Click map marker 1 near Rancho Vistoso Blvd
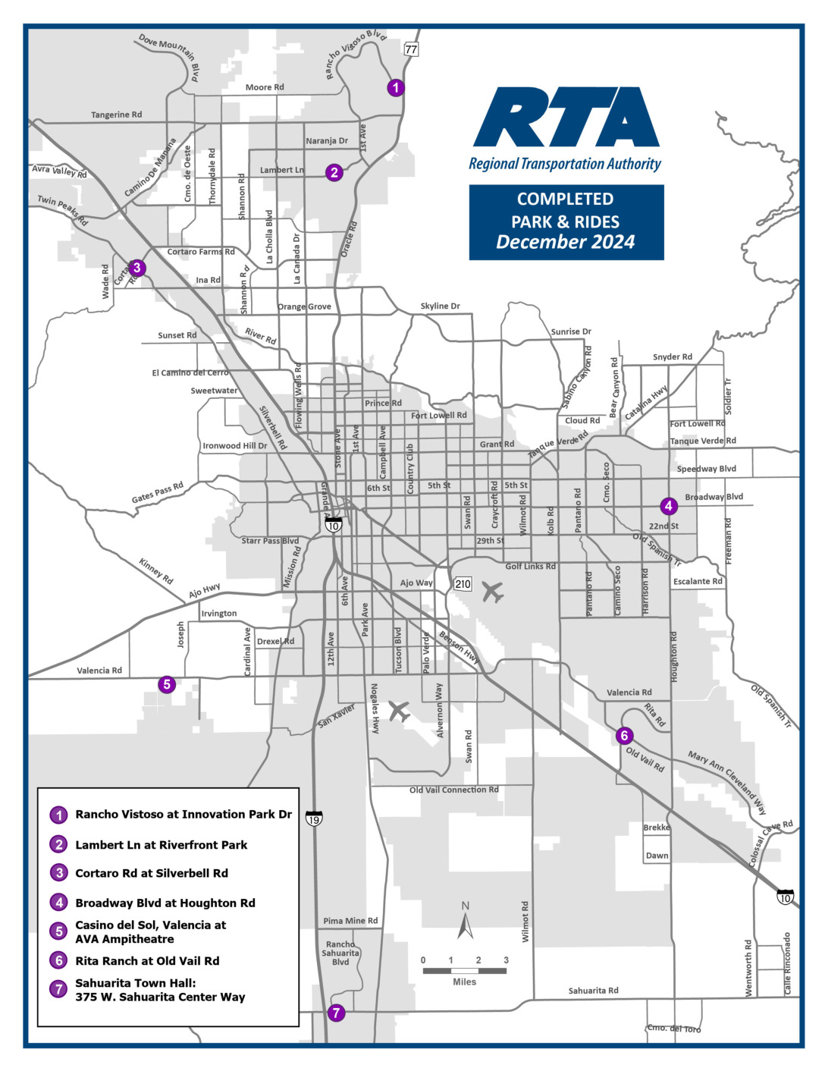pyautogui.click(x=395, y=88)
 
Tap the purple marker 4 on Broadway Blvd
pyautogui.click(x=668, y=506)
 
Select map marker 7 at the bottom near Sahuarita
pyautogui.click(x=336, y=1013)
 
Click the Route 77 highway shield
pyautogui.click(x=410, y=49)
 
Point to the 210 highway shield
pyautogui.click(x=463, y=584)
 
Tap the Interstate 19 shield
pyautogui.click(x=314, y=818)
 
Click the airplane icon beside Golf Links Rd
pyautogui.click(x=493, y=592)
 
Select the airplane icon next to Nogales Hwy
pyautogui.click(x=399, y=711)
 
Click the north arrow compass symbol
pyautogui.click(x=466, y=922)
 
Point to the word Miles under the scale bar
pyautogui.click(x=464, y=982)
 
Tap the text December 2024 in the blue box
pyautogui.click(x=566, y=243)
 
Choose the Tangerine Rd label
pyautogui.click(x=116, y=115)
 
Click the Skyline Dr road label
pyautogui.click(x=440, y=306)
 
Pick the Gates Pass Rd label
pyautogui.click(x=158, y=492)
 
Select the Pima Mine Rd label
pyautogui.click(x=350, y=921)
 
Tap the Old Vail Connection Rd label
pyautogui.click(x=453, y=790)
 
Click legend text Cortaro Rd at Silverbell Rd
pyautogui.click(x=152, y=873)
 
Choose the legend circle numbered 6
pyautogui.click(x=58, y=960)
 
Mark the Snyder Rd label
pyautogui.click(x=672, y=357)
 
